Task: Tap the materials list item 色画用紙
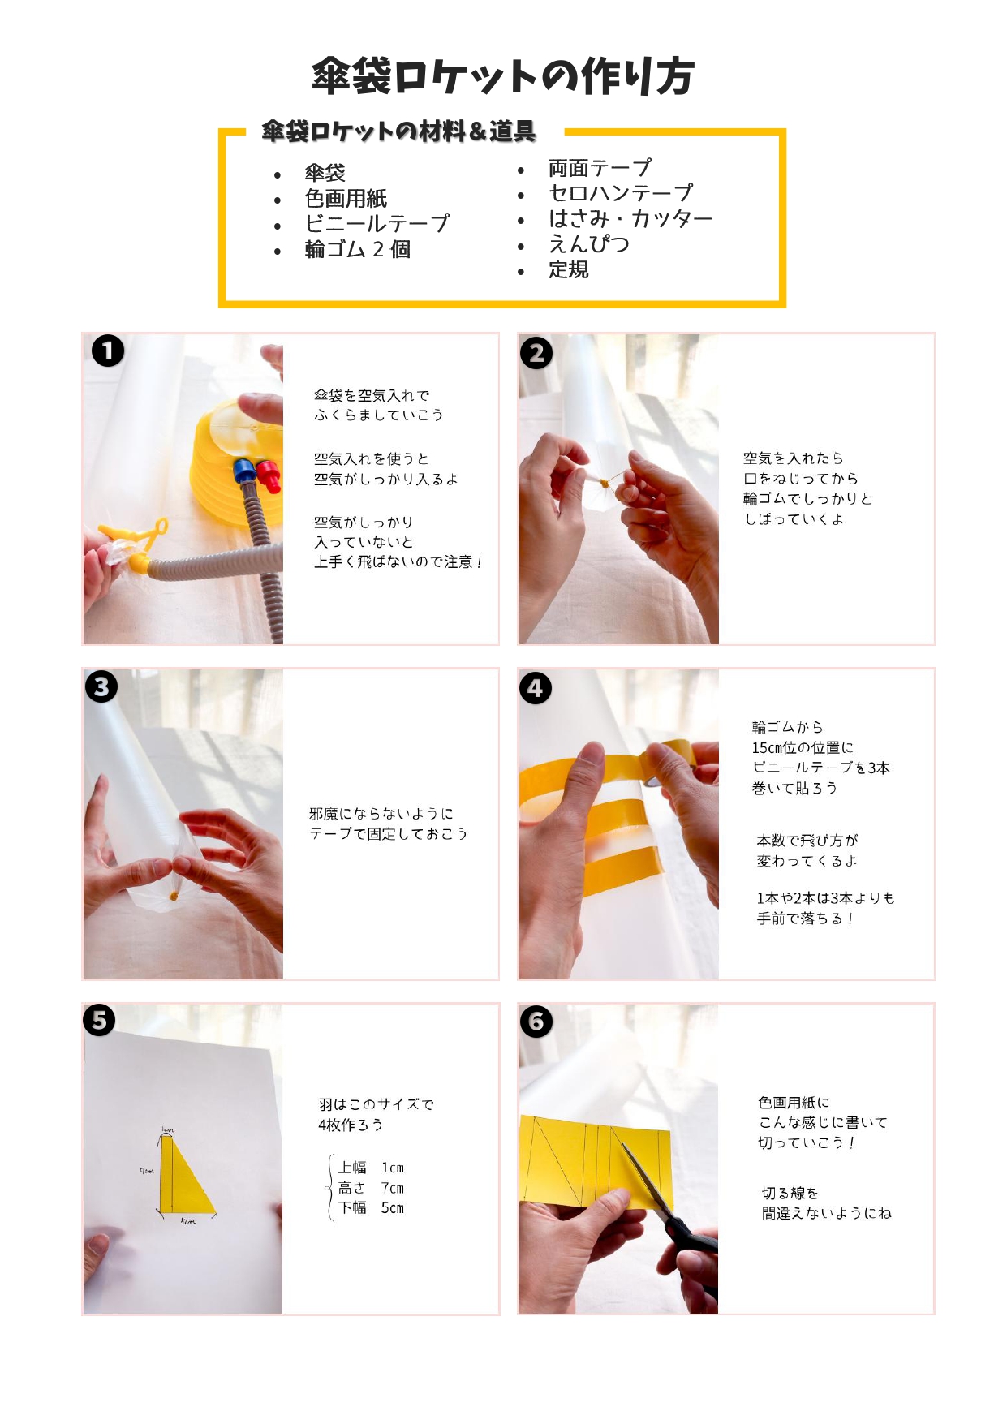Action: [x=346, y=198]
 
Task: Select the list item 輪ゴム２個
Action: [x=357, y=249]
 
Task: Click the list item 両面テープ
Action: [x=600, y=168]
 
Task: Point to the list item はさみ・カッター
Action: [x=630, y=218]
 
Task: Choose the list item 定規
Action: [x=569, y=269]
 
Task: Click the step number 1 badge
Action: [x=108, y=351]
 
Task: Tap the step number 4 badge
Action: [x=536, y=688]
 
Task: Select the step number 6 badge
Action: [x=536, y=1022]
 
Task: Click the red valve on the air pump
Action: [x=269, y=475]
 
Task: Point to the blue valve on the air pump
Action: [x=243, y=472]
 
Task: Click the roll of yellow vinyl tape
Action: [x=670, y=764]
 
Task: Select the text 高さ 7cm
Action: [x=371, y=1188]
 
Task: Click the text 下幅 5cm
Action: [x=371, y=1208]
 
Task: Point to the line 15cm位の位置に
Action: [x=803, y=747]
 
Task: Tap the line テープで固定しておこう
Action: [x=389, y=834]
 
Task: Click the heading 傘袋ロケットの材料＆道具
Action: [x=398, y=131]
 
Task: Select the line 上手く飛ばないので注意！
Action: [x=398, y=561]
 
